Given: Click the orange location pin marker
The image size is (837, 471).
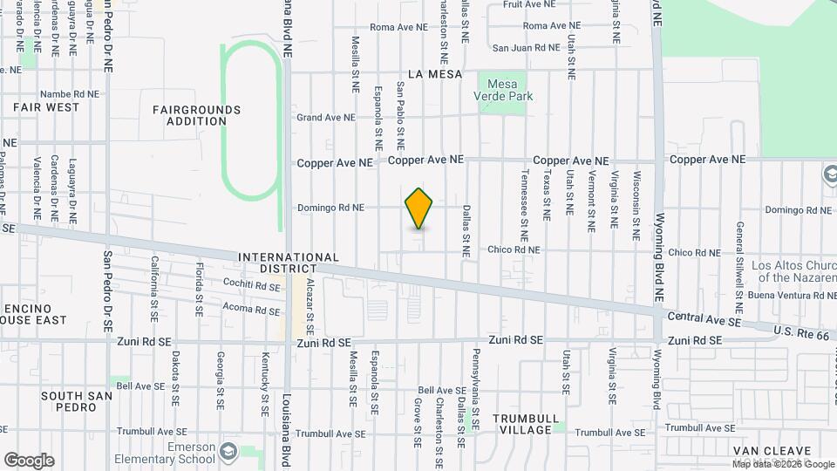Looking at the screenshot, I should [419, 208].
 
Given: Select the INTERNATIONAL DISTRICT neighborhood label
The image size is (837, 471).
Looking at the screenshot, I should [289, 263].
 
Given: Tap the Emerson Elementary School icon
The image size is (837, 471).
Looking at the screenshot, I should [228, 452].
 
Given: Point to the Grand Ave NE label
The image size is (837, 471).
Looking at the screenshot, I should [326, 117].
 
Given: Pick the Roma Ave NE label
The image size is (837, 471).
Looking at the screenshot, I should [398, 27].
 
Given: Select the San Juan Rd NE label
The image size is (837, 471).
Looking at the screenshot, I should [526, 48].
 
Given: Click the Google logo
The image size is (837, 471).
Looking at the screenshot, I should [29, 460].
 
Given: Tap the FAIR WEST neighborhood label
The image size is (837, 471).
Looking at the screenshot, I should [46, 107].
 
